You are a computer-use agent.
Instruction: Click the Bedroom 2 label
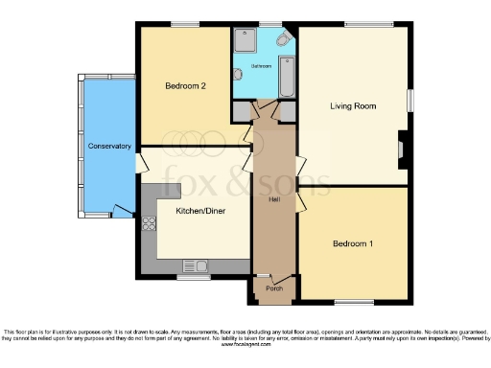[185, 86]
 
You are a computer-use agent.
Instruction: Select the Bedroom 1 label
[352, 244]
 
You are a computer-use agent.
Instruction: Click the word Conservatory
[108, 147]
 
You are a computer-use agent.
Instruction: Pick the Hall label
[272, 198]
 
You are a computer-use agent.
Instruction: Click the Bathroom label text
[261, 66]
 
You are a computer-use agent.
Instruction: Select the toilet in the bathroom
[285, 39]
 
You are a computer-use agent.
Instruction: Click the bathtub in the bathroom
[288, 78]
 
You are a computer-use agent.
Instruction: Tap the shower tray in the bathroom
[245, 41]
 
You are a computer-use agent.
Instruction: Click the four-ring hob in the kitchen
[150, 225]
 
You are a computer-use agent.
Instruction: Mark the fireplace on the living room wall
[403, 148]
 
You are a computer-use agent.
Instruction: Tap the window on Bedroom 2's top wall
[185, 23]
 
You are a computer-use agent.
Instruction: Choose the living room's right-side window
[409, 102]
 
